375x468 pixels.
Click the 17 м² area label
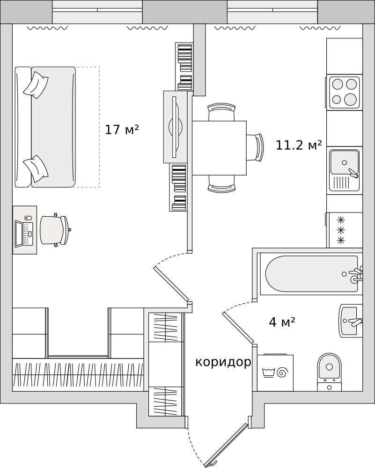pyautogui.click(x=122, y=130)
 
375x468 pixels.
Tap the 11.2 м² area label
pyautogui.click(x=299, y=145)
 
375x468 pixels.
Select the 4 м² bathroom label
pyautogui.click(x=282, y=322)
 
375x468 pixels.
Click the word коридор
pyautogui.click(x=223, y=362)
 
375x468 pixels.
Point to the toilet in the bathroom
pyautogui.click(x=329, y=372)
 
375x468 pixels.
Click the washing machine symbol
pyautogui.click(x=275, y=373)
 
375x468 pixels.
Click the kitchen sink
pyautogui.click(x=345, y=170)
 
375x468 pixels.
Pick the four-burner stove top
pyautogui.click(x=344, y=92)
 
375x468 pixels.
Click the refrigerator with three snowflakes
pyautogui.click(x=344, y=230)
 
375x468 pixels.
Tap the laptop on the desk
pyautogui.click(x=24, y=234)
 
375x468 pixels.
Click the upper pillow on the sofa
pyautogui.click(x=36, y=85)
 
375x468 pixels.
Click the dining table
pyautogui.click(x=219, y=148)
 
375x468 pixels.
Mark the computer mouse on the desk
pyautogui.click(x=28, y=218)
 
